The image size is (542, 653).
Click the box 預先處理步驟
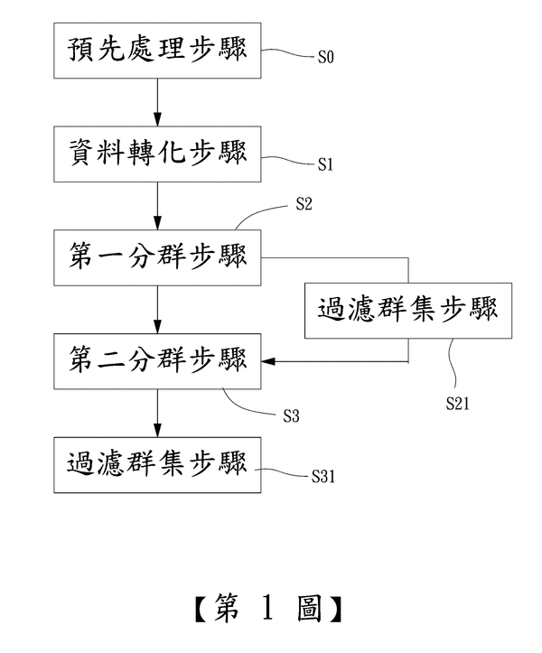tap(157, 52)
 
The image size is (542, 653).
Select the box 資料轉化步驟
tap(157, 155)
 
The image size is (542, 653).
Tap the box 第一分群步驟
tap(157, 257)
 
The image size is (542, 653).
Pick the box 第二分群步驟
tap(157, 361)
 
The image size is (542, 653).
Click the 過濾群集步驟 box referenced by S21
tap(408, 311)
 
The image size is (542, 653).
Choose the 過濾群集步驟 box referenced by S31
tap(157, 464)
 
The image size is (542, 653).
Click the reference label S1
tap(326, 165)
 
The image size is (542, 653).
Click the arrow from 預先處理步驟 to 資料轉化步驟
tap(157, 104)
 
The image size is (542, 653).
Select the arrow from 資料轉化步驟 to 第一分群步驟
tap(157, 207)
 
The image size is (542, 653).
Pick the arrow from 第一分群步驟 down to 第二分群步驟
tap(157, 310)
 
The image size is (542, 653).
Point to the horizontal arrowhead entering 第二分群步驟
tap(269, 362)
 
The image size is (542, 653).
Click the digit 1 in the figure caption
tap(269, 612)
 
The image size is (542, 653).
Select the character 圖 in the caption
tap(310, 612)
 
